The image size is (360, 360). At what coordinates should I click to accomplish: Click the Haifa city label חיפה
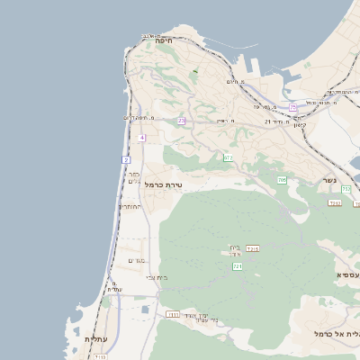(x=163, y=40)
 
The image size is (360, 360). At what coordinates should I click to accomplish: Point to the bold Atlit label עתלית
(x=96, y=339)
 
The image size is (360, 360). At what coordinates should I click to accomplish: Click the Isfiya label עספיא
(x=347, y=274)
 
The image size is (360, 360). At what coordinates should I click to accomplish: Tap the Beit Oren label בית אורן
(x=236, y=251)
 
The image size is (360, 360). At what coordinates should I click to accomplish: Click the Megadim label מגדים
(x=137, y=260)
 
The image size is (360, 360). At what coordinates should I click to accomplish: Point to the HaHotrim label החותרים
(x=130, y=206)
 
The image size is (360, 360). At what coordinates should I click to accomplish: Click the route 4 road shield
(x=142, y=137)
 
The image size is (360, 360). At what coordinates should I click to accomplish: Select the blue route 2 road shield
(x=126, y=159)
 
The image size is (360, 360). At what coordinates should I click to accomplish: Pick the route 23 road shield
(x=181, y=120)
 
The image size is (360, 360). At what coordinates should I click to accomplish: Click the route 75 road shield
(x=293, y=108)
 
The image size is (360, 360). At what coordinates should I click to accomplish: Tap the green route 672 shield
(x=228, y=158)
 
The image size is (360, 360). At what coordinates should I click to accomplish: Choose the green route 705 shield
(x=282, y=180)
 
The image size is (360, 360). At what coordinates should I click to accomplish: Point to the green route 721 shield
(x=238, y=266)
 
